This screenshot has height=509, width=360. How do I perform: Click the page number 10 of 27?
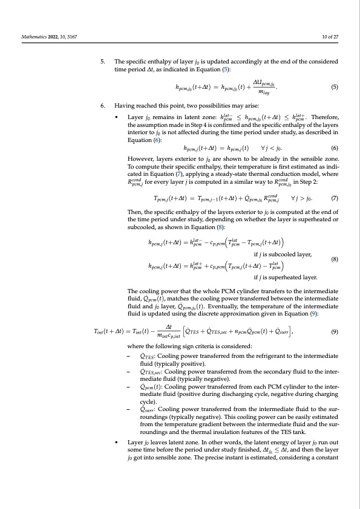330,37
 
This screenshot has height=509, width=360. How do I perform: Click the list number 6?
103,105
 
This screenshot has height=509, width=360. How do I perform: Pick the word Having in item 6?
123,105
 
